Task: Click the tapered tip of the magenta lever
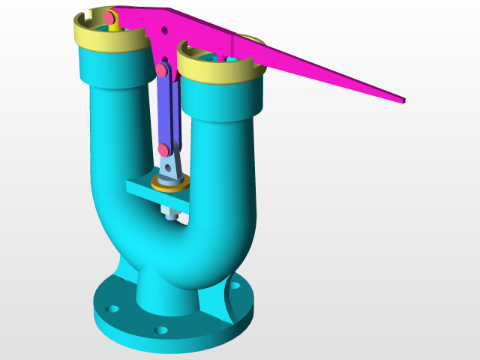click(402, 99)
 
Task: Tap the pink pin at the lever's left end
click(109, 16)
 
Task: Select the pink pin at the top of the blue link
click(161, 71)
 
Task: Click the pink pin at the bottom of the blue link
click(164, 150)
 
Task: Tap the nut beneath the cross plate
click(170, 214)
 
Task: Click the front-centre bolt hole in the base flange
click(160, 330)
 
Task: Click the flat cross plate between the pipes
click(142, 191)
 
